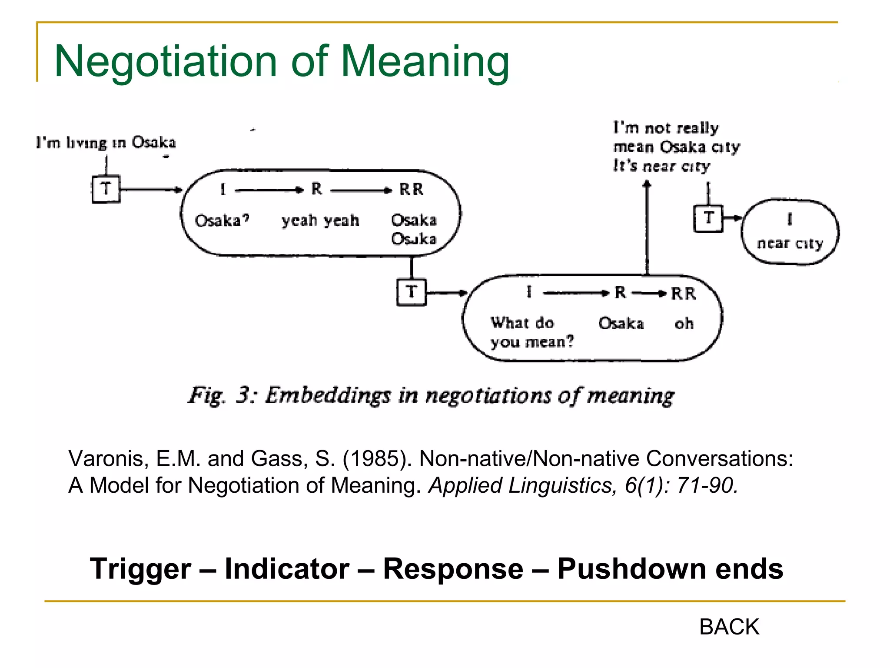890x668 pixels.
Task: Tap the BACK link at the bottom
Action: [729, 627]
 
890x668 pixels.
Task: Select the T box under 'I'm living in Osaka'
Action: [106, 189]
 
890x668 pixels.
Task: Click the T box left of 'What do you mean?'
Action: [411, 292]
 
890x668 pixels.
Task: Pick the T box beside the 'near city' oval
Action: [708, 218]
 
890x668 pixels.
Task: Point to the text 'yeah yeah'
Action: [320, 220]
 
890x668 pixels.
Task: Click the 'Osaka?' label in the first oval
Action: [222, 220]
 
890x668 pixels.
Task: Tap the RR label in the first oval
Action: [411, 190]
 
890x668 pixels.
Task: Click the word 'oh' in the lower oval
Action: [684, 324]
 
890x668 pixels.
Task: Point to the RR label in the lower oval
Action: [683, 294]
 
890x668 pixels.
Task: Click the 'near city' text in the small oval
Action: [790, 243]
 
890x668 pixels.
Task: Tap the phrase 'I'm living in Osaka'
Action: [106, 143]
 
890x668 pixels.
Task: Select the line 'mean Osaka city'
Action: [676, 147]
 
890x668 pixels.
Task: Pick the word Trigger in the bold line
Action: [140, 568]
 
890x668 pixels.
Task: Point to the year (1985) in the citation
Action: [377, 458]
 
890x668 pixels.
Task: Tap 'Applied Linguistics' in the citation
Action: [521, 485]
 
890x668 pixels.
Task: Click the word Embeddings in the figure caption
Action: [328, 395]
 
